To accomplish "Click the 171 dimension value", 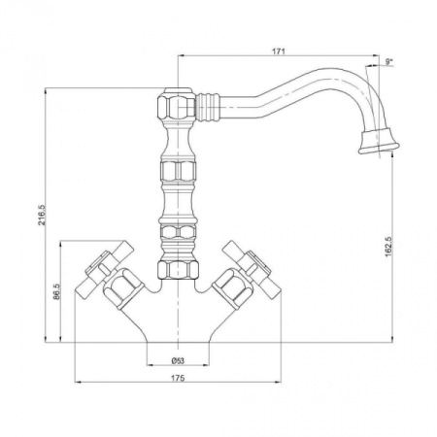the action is click(x=279, y=51).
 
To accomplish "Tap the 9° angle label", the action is click(x=388, y=61).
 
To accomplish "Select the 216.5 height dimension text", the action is click(x=42, y=215).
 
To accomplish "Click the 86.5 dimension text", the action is click(x=57, y=291).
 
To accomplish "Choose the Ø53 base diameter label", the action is click(x=178, y=360).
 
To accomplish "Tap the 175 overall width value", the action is click(x=178, y=378).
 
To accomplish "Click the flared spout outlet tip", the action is click(x=379, y=142).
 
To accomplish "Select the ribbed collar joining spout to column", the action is click(x=208, y=107).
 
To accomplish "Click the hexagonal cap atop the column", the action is click(x=177, y=103).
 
